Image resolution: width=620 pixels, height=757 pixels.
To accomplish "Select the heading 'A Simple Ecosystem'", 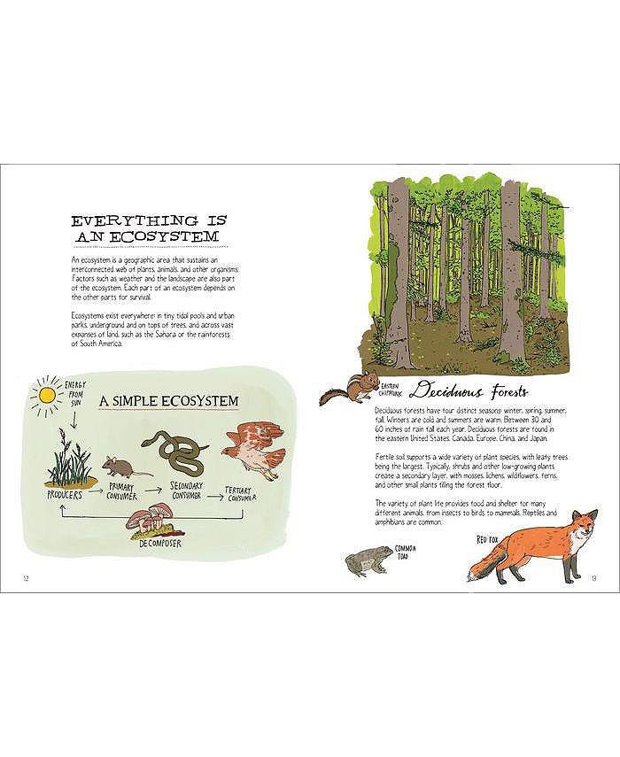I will tap(169, 402).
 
